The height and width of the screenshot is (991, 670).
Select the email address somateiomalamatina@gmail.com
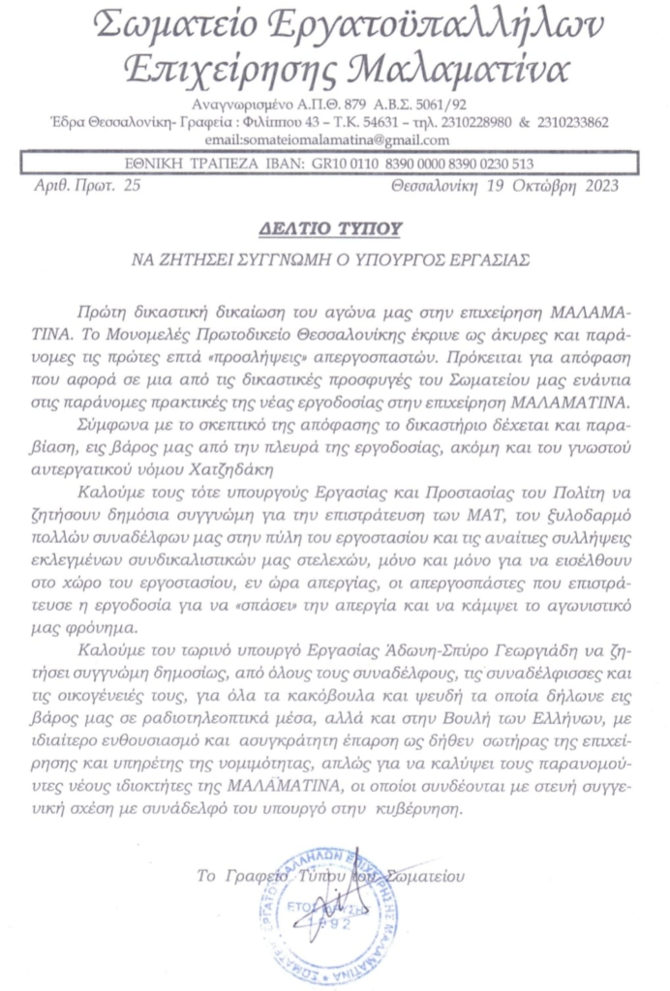[335, 140]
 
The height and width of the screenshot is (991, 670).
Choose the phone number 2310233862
[570, 123]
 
